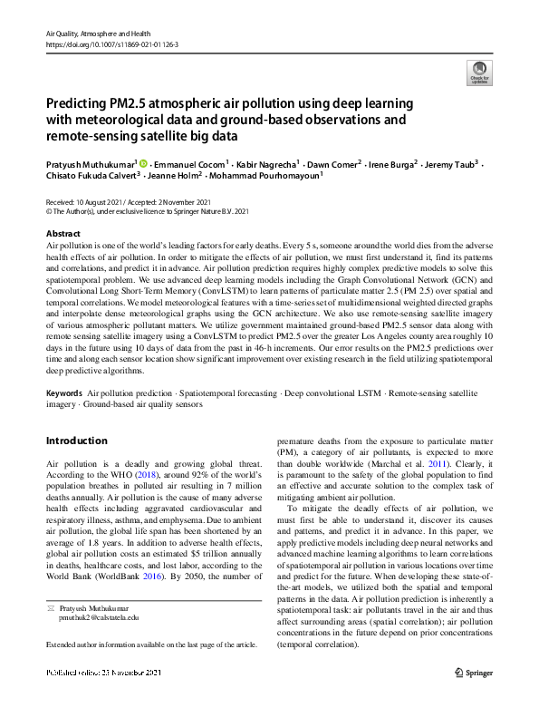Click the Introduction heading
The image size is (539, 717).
[x=76, y=441]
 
